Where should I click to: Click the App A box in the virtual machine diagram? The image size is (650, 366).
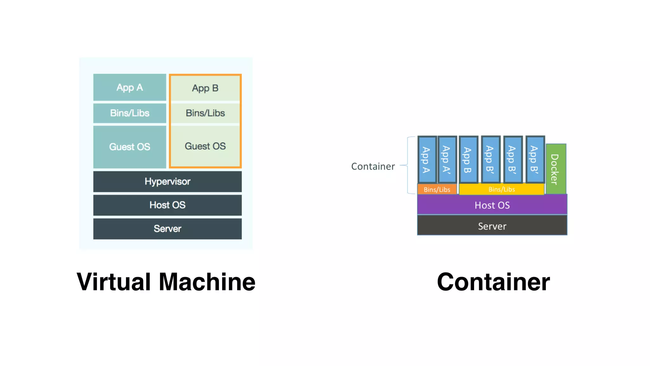pyautogui.click(x=129, y=87)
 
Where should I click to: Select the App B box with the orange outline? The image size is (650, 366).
pyautogui.click(x=205, y=88)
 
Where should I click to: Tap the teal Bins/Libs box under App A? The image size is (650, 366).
pyautogui.click(x=129, y=113)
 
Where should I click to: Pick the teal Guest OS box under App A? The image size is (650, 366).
pyautogui.click(x=129, y=146)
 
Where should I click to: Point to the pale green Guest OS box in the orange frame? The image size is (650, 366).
pyautogui.click(x=205, y=146)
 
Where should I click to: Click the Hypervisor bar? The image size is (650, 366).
pyautogui.click(x=167, y=181)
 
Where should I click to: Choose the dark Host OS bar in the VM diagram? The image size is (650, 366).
pyautogui.click(x=167, y=205)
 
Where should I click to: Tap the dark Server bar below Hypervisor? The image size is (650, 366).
pyautogui.click(x=167, y=228)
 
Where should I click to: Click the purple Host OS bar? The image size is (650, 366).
pyautogui.click(x=492, y=205)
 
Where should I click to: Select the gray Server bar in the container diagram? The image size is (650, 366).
pyautogui.click(x=492, y=226)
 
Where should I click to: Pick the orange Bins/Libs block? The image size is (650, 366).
pyautogui.click(x=437, y=189)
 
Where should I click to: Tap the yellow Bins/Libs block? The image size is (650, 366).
pyautogui.click(x=501, y=189)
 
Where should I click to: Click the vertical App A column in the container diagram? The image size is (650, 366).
pyautogui.click(x=427, y=159)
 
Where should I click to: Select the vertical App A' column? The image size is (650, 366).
pyautogui.click(x=447, y=159)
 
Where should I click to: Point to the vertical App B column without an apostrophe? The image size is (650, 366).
pyautogui.click(x=468, y=159)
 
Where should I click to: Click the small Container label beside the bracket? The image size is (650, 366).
pyautogui.click(x=373, y=166)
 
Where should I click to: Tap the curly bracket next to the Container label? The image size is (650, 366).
pyautogui.click(x=408, y=165)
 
